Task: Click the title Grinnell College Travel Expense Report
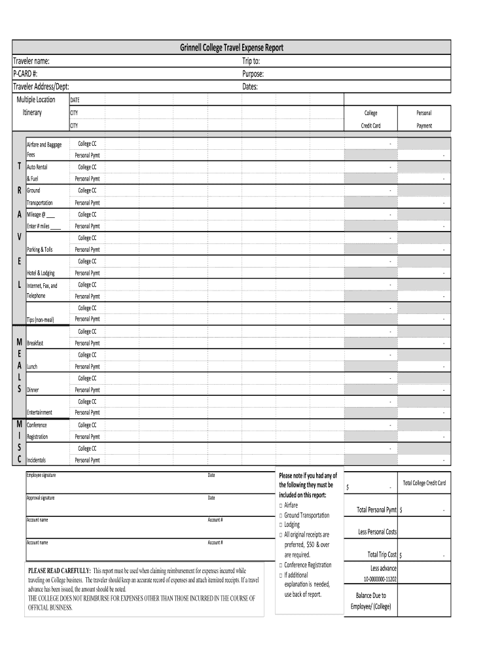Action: (232, 48)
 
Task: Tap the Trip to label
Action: (251, 61)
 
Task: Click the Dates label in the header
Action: (250, 86)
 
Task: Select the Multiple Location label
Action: (36, 99)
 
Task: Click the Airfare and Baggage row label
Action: (44, 145)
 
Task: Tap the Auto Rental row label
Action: (37, 167)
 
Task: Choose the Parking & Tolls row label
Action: (40, 250)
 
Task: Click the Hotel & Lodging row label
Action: (41, 273)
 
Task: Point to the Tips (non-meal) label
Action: (40, 320)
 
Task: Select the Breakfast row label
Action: (35, 343)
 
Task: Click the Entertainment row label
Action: (39, 413)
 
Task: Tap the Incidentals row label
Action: (36, 461)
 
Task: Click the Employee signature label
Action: (41, 475)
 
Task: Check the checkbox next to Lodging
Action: (281, 525)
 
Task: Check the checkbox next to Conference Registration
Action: (281, 565)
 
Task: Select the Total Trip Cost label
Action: (382, 555)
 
